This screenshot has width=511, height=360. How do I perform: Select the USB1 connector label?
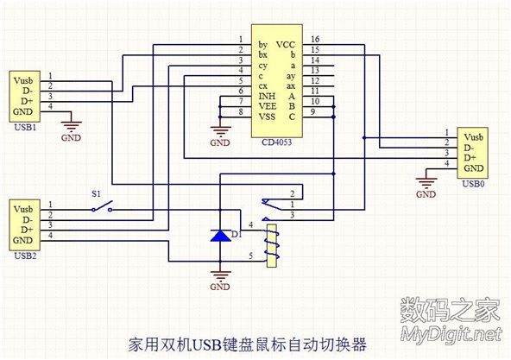click(25, 128)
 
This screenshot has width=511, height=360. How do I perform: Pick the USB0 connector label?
click(473, 184)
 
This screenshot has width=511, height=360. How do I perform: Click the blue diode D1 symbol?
click(222, 235)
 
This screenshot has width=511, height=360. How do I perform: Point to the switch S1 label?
click(96, 194)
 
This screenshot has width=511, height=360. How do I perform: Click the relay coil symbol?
click(273, 243)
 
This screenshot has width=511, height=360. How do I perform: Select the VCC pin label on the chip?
click(284, 43)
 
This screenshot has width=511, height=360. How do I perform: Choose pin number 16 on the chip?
click(315, 40)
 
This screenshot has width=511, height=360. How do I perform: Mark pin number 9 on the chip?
click(315, 112)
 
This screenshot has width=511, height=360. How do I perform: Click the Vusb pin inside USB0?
click(474, 137)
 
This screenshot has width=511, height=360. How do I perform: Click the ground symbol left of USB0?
click(426, 183)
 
